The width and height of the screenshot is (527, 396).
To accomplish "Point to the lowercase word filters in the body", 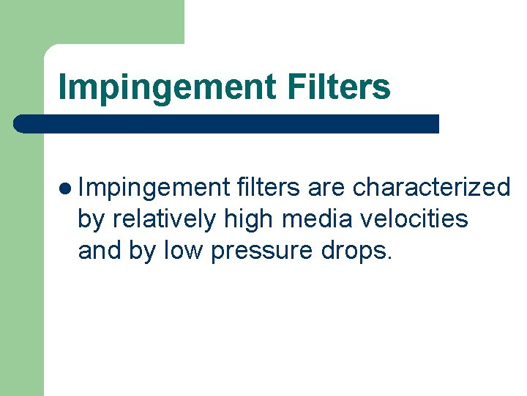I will click(268, 188).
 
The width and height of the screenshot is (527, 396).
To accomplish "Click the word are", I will click(326, 188).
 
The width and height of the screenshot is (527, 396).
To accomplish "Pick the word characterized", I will click(431, 188).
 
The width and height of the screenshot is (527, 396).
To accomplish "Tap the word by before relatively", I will click(91, 219).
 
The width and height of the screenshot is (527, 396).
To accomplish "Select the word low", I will click(184, 250).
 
